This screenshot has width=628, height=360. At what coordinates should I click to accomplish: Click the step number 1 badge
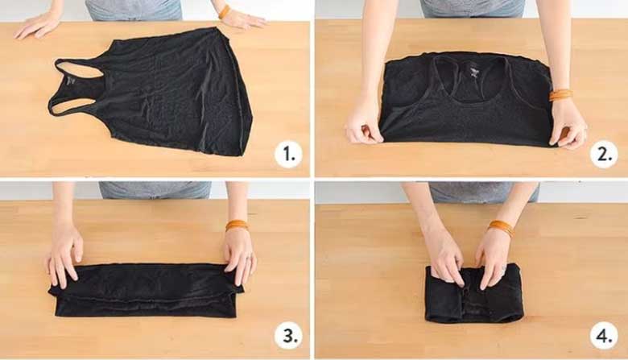tap(288, 154)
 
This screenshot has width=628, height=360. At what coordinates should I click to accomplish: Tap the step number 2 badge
tap(604, 154)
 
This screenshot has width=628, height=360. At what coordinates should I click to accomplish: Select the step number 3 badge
tap(288, 336)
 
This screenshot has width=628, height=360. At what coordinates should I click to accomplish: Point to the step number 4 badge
tap(604, 336)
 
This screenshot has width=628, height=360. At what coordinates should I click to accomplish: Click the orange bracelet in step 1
tap(224, 11)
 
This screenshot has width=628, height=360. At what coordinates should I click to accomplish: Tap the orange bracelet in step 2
tap(560, 95)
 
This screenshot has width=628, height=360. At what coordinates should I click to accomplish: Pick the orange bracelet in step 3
tap(237, 225)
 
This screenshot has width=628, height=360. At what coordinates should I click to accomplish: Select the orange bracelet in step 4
tap(501, 228)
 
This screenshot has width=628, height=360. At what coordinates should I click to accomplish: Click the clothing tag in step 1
tap(72, 81)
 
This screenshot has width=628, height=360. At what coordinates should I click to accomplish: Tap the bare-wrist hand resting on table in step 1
tap(38, 25)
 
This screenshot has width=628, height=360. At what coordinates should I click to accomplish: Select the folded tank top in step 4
tap(474, 293)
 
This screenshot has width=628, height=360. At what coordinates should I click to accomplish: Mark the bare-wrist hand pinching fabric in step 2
tap(363, 125)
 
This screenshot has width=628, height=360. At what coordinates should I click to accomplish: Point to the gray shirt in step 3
tap(155, 190)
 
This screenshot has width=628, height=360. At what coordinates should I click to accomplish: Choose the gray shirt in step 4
tap(484, 192)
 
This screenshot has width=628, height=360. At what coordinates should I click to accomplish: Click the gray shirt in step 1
tap(134, 10)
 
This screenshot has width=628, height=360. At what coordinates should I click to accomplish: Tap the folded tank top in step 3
tap(147, 290)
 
